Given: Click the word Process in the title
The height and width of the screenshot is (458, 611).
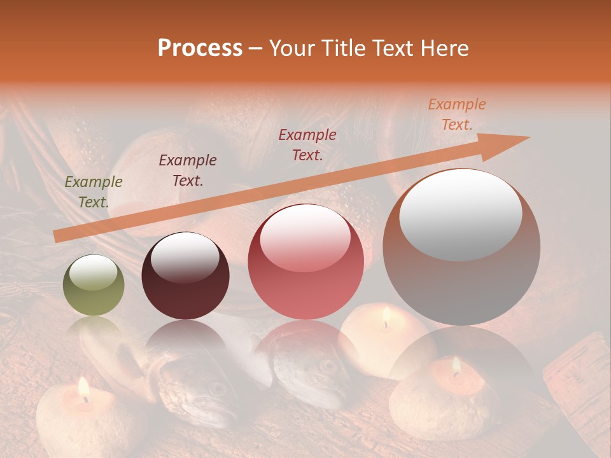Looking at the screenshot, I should [x=200, y=48].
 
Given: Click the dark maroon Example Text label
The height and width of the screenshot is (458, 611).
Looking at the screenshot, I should [x=188, y=170].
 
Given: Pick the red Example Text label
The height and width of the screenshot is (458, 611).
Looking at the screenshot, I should [x=307, y=145].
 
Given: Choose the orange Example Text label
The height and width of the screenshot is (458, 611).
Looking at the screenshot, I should [x=456, y=114].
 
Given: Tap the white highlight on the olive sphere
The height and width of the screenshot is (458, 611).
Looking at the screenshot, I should [x=94, y=274].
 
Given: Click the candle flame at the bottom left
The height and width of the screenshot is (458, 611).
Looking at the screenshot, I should [x=83, y=387].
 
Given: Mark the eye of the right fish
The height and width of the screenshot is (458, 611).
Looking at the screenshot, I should [x=328, y=366].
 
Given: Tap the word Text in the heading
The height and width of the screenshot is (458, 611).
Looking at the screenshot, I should [x=395, y=48].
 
